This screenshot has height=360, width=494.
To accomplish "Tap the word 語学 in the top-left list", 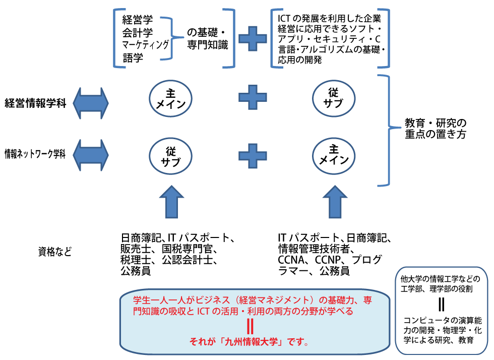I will [x=133, y=58].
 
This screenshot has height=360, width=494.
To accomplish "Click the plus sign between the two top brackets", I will [x=252, y=38].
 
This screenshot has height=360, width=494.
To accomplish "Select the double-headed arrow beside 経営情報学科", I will [x=91, y=102].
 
